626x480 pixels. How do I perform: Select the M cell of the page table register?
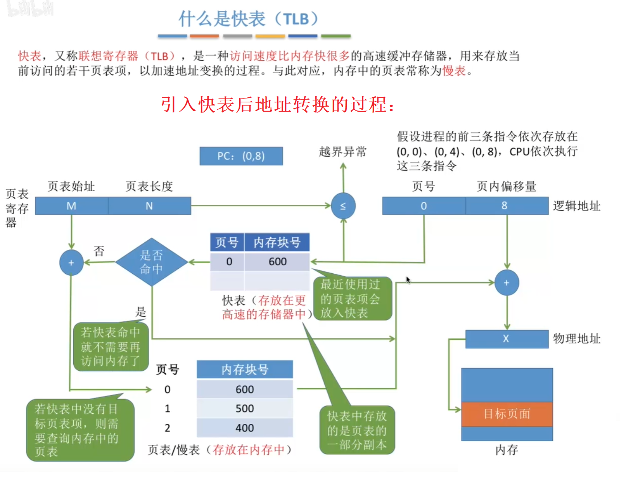pos(71,206)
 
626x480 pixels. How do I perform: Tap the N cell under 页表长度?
pos(149,206)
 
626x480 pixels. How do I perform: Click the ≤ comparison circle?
pos(343,206)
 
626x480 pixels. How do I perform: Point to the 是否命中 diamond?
pos(152,262)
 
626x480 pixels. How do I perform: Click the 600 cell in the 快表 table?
pos(277,262)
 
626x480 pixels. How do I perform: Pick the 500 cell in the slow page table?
pos(245,408)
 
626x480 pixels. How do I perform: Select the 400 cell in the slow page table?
pos(245,428)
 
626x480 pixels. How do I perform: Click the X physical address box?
pos(507,339)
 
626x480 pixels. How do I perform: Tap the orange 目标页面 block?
pos(507,414)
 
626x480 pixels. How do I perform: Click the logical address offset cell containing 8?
pos(505,206)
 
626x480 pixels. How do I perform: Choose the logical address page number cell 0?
pos(424,206)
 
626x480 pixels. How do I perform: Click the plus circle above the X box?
pos(507,283)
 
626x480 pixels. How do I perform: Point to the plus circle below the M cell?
pos(71,263)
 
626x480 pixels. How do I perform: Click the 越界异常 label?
pos(343,152)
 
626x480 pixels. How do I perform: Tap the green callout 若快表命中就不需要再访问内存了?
pos(111,347)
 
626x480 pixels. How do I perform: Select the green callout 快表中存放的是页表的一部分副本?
pos(357,430)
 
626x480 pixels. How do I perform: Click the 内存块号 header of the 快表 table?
pos(277,243)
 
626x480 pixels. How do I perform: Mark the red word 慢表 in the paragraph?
pos(454,71)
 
